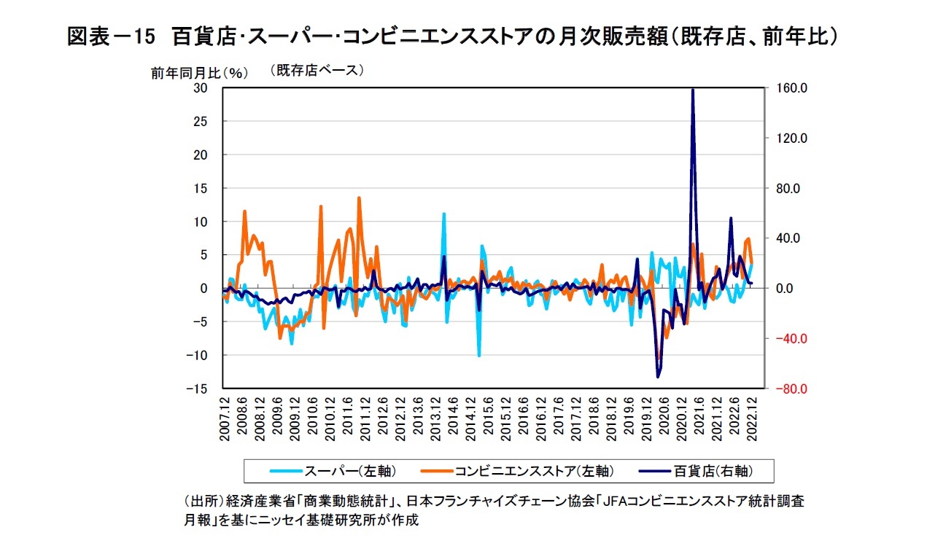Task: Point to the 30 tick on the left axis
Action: pos(200,88)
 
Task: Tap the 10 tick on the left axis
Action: pos(200,222)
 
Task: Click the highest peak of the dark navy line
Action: pos(692,90)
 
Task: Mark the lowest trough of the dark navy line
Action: pos(658,377)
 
